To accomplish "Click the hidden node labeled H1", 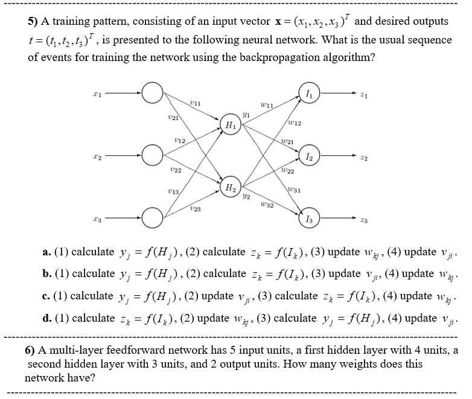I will [231, 125].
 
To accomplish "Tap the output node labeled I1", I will [310, 94].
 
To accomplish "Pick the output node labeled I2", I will [310, 156].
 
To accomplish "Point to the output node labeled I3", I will [310, 219].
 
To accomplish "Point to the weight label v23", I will [194, 209].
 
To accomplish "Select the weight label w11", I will [266, 106].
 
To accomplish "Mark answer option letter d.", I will [46, 318].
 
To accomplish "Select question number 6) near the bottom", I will [30, 351].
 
